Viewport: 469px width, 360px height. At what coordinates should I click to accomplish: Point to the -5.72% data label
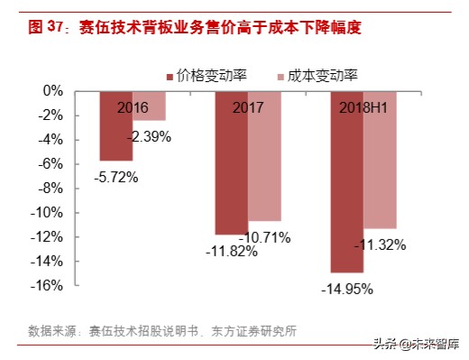[115, 178]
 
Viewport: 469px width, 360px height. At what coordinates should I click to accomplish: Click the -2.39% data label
[149, 136]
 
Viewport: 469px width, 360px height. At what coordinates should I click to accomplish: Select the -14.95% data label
[346, 289]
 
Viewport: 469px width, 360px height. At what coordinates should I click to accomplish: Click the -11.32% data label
[380, 245]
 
